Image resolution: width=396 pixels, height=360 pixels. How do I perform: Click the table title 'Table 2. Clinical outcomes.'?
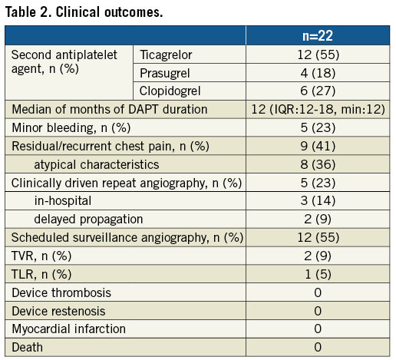[84, 12]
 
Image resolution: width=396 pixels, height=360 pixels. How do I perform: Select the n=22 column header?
[318, 35]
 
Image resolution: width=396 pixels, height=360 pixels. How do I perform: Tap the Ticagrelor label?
[166, 54]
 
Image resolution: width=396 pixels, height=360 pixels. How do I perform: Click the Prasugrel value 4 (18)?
[318, 73]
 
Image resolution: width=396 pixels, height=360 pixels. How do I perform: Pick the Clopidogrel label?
[170, 91]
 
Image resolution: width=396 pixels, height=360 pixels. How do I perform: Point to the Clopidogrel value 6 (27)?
[318, 91]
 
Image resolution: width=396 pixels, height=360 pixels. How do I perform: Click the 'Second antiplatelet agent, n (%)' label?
[64, 61]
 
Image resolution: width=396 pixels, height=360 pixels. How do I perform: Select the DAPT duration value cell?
[318, 109]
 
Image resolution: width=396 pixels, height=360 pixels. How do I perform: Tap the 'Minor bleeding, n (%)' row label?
[71, 127]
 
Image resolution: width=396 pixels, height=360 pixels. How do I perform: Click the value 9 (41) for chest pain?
[318, 146]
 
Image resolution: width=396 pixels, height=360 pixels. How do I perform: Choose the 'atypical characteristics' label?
[97, 164]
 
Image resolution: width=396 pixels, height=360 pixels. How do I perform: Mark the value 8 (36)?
[318, 164]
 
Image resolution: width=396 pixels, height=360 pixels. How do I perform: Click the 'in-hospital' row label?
[63, 200]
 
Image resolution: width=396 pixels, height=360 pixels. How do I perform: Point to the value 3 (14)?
[318, 200]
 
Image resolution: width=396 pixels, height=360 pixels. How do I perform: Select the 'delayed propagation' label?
[88, 220]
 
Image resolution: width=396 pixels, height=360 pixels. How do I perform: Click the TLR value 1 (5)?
[318, 274]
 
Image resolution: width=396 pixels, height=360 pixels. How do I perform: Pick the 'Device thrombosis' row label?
[61, 292]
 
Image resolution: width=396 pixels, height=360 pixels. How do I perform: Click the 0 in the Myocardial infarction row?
[318, 329]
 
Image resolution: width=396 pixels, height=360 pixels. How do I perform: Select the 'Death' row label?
[27, 348]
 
